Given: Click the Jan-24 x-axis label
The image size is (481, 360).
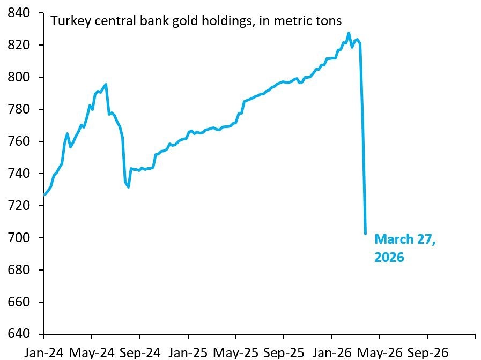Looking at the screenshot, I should [x=43, y=352].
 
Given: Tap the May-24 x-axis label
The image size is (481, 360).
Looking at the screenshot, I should [x=92, y=352].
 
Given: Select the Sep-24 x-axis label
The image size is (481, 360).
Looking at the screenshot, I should [x=140, y=352].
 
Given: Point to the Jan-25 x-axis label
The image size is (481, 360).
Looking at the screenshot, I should [x=188, y=352].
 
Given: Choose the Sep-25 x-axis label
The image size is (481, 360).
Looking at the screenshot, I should [x=284, y=352].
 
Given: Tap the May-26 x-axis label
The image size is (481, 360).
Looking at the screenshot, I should [x=380, y=352].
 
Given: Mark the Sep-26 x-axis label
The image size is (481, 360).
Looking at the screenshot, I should [x=427, y=352].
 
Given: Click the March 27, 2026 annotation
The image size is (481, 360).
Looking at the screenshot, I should [x=405, y=248].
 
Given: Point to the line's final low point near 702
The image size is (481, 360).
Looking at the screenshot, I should [x=365, y=234].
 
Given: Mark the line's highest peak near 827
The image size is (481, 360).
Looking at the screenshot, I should [x=349, y=33].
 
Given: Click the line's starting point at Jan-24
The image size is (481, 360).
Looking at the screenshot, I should [x=44, y=194].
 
